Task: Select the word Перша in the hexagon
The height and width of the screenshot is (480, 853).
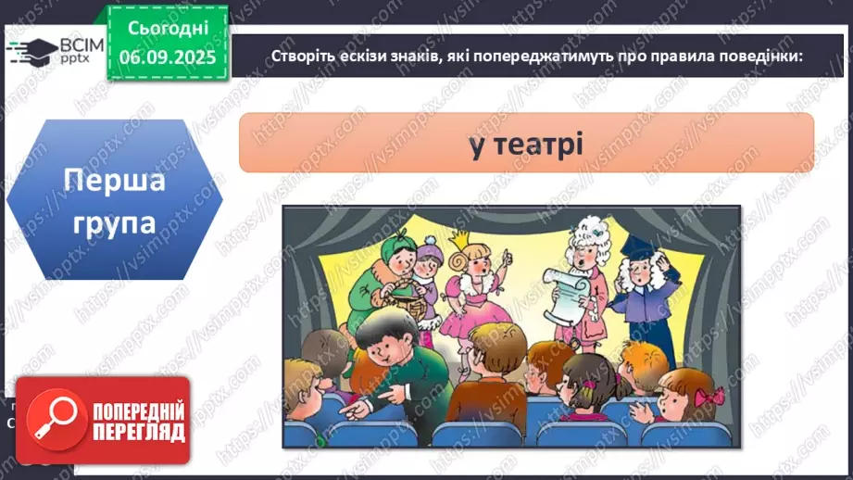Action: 115,180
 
